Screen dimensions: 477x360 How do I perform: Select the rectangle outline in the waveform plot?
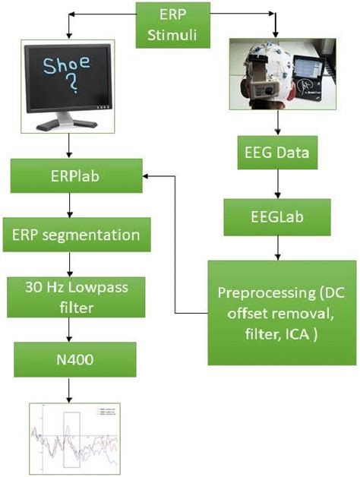(x=72, y=438)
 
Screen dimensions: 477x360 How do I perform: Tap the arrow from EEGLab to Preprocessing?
(x=276, y=248)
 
